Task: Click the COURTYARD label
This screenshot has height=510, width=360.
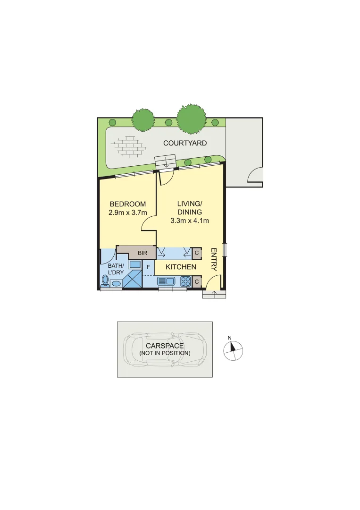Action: [x=185, y=143]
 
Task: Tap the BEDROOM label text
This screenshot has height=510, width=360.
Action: [x=128, y=204]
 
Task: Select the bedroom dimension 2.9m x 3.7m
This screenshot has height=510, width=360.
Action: [x=128, y=212]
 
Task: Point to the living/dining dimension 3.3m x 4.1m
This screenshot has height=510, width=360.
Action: [x=189, y=220]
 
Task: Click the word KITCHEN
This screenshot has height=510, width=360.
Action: [x=181, y=267]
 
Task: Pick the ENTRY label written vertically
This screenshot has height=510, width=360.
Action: [x=213, y=260]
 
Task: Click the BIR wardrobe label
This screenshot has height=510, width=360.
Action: [x=143, y=253]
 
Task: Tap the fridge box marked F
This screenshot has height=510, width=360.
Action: [x=148, y=267]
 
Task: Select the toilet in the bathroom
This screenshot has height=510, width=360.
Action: [x=105, y=281]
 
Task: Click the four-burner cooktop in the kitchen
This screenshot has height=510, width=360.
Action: [x=185, y=281]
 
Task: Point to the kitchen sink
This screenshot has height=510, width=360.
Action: [x=166, y=281]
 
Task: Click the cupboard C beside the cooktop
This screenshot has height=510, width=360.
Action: [x=197, y=282]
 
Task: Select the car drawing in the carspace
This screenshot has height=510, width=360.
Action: [x=165, y=349]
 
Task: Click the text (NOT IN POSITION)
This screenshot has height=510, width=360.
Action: [x=165, y=353]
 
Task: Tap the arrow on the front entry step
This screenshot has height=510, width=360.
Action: [x=215, y=295]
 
